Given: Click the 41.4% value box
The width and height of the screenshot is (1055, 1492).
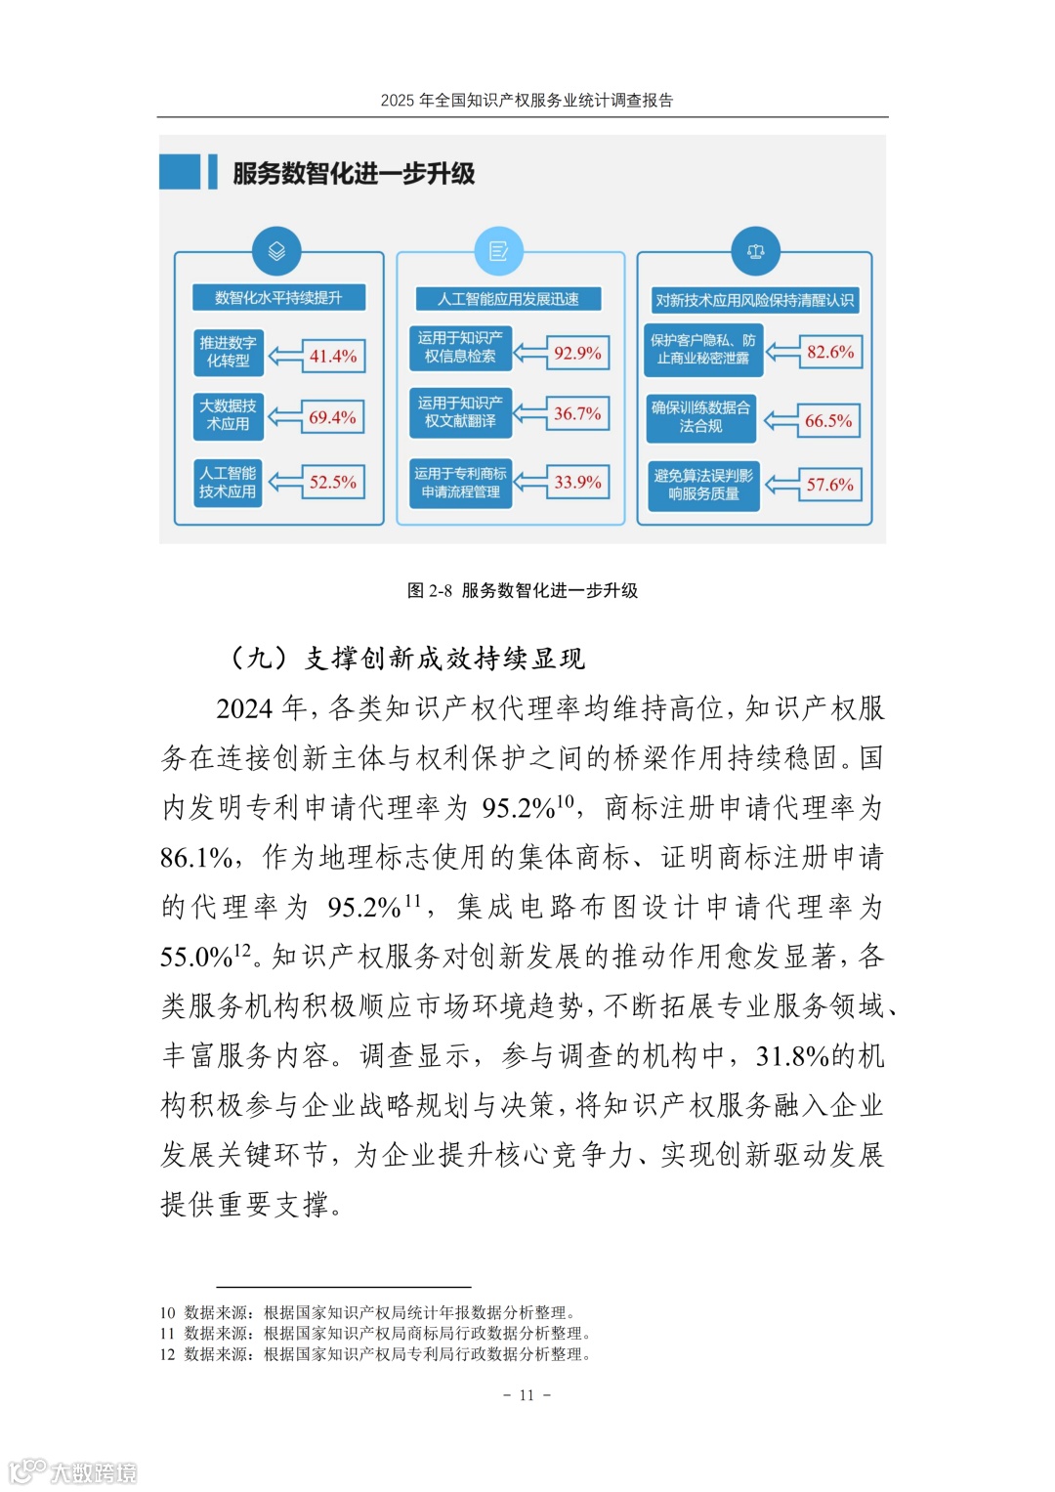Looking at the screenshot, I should click(333, 356).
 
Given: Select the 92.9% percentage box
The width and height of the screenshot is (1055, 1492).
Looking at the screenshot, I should click(577, 353).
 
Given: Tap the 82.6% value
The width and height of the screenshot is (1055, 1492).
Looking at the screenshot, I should click(830, 352).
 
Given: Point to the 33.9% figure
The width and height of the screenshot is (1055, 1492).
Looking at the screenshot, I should click(577, 482).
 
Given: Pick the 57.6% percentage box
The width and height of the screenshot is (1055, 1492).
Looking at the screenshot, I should click(829, 485).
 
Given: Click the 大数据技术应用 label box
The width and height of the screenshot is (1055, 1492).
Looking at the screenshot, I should click(228, 415).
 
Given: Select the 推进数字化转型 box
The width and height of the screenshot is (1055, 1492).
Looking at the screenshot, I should click(228, 352).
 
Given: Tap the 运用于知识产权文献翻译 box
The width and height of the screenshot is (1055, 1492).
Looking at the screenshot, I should click(460, 412).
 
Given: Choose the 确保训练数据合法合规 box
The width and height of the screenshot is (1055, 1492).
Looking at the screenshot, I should click(701, 417).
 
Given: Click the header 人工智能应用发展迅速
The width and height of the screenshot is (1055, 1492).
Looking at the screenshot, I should click(508, 299).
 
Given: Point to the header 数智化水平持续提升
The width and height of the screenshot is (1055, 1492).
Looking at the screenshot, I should click(278, 298).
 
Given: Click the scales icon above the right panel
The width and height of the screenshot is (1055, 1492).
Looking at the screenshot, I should click(755, 251).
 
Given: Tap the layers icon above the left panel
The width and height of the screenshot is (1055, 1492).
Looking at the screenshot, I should click(276, 251).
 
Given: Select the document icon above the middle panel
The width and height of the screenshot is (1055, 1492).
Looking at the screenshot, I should click(498, 251).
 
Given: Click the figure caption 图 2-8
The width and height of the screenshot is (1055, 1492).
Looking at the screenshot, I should click(523, 590).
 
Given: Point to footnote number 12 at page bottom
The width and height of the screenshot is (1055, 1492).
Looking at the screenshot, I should click(167, 1354).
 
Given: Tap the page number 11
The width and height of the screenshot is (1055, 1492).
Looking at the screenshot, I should click(527, 1395).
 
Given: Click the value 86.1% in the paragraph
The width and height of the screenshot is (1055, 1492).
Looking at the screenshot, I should click(196, 858).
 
